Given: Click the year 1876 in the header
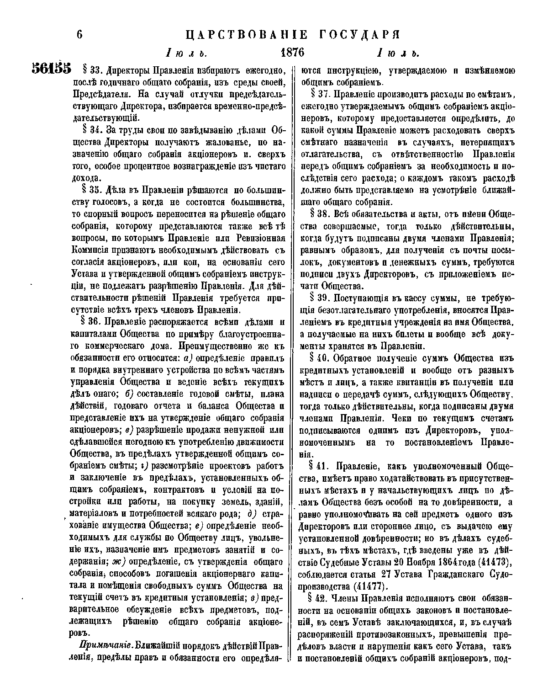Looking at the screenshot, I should pyautogui.click(x=292, y=52).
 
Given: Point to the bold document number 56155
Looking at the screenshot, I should pyautogui.click(x=52, y=69).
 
